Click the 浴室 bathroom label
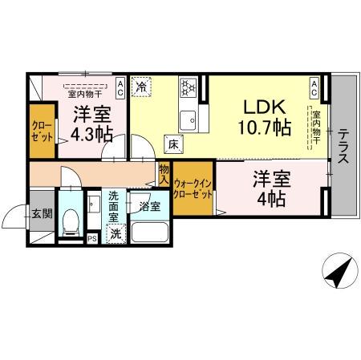(150, 206)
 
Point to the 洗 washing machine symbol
(117, 234)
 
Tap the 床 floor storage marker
(172, 144)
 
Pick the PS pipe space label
(91, 237)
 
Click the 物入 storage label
(164, 173)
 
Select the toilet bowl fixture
(70, 219)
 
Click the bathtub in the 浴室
(150, 233)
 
